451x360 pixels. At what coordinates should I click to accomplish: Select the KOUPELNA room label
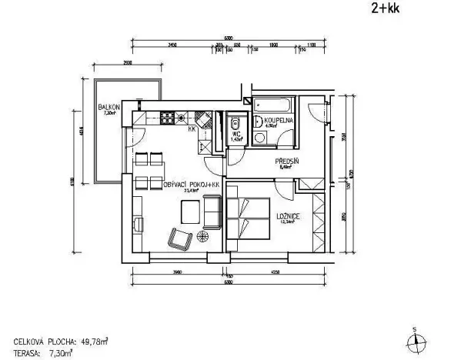click(276, 121)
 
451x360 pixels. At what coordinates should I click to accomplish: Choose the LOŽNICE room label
click(289, 218)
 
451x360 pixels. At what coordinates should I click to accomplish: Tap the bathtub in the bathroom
click(274, 103)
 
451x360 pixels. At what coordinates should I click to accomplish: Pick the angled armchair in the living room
click(182, 239)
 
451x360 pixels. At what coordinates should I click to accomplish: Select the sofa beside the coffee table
click(212, 211)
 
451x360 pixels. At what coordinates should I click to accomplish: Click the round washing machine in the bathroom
click(261, 138)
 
